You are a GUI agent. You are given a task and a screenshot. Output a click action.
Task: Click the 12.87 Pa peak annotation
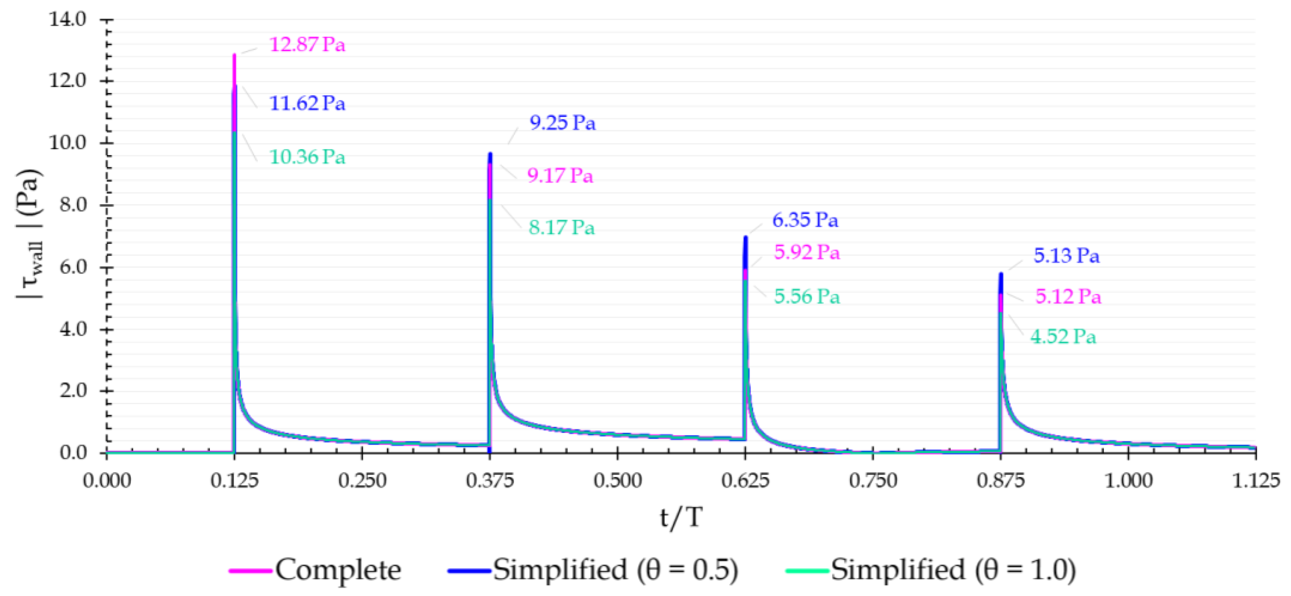point(307,45)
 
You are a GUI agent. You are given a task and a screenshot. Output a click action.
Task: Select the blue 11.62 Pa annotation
point(307,103)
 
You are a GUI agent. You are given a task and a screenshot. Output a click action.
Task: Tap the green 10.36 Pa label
point(307,157)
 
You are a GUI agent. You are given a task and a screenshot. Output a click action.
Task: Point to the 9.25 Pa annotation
point(562,123)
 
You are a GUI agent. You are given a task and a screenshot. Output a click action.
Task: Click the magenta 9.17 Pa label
point(560,175)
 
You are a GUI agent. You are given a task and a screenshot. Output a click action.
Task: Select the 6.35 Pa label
point(805,220)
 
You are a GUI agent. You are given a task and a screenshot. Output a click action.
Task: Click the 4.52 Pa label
point(1063,336)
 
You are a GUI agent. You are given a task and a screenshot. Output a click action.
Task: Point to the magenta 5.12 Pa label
point(1068,297)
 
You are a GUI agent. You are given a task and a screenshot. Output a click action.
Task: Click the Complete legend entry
point(316,569)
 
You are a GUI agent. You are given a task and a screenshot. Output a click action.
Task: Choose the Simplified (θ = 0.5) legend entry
point(593,569)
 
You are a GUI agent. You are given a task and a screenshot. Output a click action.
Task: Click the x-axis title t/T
point(680,517)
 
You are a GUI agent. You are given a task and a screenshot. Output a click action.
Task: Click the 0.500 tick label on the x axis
point(617,481)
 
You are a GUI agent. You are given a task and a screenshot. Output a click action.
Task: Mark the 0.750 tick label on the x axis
point(873,481)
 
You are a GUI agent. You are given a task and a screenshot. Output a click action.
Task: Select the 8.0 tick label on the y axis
point(73,205)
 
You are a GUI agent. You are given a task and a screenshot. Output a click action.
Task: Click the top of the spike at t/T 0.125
point(234,55)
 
